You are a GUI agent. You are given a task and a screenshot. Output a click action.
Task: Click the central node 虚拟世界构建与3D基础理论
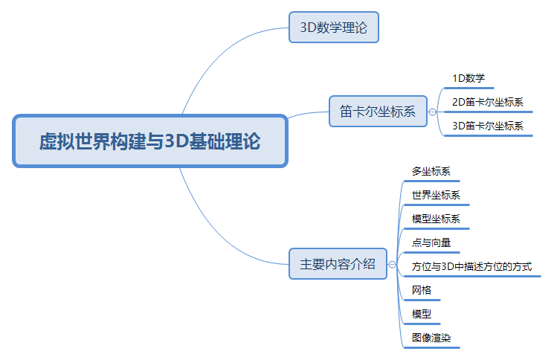click(x=150, y=141)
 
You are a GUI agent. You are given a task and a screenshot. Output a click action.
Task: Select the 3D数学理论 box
click(x=334, y=28)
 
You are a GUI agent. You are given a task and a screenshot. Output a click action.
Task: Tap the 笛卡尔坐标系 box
click(x=378, y=112)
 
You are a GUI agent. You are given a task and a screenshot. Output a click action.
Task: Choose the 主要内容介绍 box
click(x=338, y=264)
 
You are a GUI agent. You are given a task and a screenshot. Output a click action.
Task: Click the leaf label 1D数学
click(x=468, y=78)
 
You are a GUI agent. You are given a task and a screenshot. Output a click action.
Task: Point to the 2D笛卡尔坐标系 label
click(x=488, y=102)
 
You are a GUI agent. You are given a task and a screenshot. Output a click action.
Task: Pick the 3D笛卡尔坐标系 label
click(x=488, y=126)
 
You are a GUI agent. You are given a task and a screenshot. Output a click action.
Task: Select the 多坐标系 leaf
click(x=431, y=171)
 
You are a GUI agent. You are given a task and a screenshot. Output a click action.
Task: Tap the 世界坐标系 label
click(x=436, y=195)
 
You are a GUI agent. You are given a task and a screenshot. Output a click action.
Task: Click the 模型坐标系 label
click(x=436, y=219)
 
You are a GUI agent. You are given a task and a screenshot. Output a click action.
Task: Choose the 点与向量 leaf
click(x=431, y=242)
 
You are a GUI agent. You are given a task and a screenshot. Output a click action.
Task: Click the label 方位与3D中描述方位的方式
click(x=471, y=266)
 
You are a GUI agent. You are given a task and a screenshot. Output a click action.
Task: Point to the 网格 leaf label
click(x=422, y=290)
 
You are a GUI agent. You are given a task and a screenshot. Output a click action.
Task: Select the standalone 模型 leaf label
click(x=422, y=314)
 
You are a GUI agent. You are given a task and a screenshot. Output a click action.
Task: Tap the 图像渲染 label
click(x=431, y=338)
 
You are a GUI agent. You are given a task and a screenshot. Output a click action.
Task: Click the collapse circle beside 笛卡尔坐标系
click(x=432, y=112)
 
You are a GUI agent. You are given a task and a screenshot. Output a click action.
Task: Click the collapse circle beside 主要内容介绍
click(x=392, y=264)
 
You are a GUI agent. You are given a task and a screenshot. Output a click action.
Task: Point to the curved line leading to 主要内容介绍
click(x=219, y=237)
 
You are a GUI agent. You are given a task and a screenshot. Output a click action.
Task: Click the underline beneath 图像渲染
click(x=432, y=347)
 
